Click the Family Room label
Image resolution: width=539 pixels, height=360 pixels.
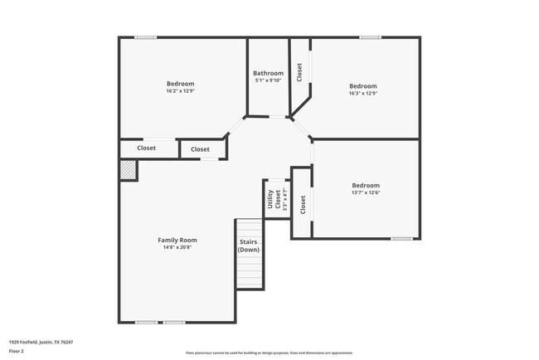(x=177, y=240)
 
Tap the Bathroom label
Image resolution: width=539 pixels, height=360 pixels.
(x=267, y=73)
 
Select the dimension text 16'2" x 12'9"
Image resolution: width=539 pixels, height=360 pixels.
(x=180, y=91)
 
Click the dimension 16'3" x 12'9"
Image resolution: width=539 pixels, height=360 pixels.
(x=362, y=94)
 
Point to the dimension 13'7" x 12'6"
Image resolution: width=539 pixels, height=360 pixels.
(x=365, y=192)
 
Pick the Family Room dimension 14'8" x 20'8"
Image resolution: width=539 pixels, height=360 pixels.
(x=177, y=247)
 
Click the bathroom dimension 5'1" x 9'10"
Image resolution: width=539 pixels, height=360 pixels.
(x=267, y=80)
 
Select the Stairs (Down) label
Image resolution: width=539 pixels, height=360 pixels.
(x=249, y=246)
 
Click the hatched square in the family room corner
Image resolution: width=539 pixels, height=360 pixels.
(x=128, y=170)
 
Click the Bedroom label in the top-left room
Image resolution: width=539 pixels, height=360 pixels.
(x=180, y=84)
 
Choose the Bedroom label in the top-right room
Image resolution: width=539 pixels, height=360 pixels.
(x=362, y=86)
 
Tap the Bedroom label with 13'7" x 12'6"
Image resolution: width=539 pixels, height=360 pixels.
(x=365, y=185)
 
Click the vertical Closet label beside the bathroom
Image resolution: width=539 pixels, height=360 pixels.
(x=299, y=73)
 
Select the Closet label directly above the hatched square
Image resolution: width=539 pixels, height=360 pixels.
(x=147, y=148)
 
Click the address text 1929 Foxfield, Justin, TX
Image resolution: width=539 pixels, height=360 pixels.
(x=41, y=342)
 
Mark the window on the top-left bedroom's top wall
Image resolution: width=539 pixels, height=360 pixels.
(x=146, y=36)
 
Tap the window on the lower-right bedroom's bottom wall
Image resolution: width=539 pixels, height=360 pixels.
(x=401, y=239)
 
